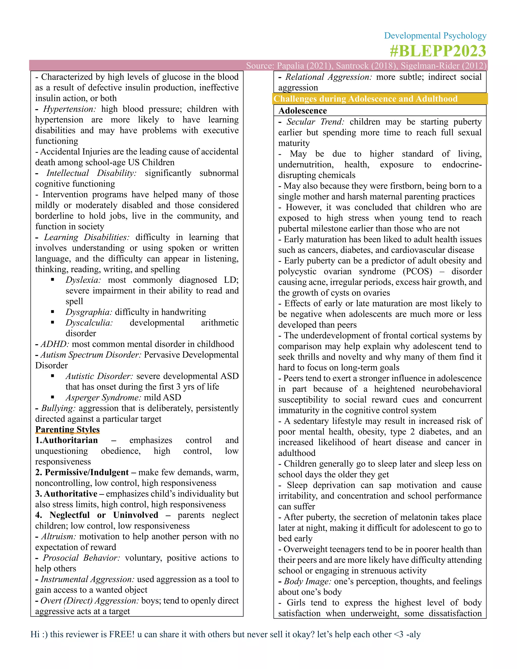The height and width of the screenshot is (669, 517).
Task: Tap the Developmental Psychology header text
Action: tap(435, 36)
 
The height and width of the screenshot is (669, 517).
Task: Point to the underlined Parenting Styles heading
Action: tap(67, 429)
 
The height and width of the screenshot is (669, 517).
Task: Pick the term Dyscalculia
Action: tap(89, 323)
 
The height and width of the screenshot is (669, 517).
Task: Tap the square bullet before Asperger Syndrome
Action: tap(53, 397)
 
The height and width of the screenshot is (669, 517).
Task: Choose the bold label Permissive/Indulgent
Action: tap(87, 472)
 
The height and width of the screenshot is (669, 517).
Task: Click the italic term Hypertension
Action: tap(69, 109)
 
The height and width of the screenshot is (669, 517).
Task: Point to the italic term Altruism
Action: tap(58, 536)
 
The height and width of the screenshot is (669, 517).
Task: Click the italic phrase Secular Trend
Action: tap(315, 122)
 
